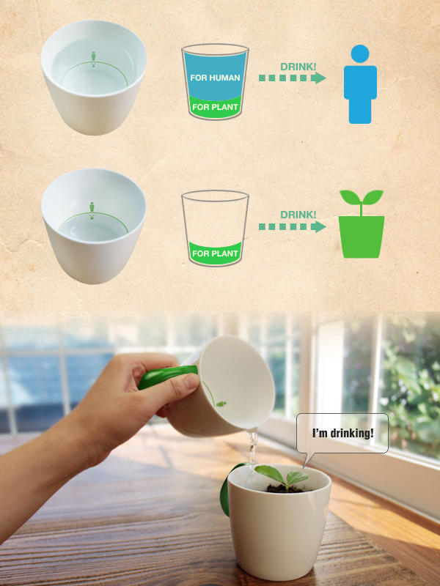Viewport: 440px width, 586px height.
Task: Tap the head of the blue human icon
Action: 360,53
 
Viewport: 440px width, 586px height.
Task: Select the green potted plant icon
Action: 362,224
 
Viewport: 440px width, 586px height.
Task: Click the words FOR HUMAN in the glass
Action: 215,78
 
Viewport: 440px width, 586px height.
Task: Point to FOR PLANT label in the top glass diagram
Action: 215,107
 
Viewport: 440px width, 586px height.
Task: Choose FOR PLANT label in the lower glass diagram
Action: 215,253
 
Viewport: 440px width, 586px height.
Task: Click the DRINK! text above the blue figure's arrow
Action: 298,67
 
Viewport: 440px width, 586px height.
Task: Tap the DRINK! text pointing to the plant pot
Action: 298,215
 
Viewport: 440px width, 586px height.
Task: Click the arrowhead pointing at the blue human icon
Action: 318,78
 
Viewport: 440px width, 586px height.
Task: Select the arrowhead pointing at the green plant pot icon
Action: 318,226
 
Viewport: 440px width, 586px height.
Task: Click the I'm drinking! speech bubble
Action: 342,434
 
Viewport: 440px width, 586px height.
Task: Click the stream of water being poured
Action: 252,448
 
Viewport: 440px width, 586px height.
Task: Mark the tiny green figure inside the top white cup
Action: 94,59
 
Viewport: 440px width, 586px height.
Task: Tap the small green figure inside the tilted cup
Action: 221,404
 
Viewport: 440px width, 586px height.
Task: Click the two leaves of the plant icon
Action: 362,197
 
